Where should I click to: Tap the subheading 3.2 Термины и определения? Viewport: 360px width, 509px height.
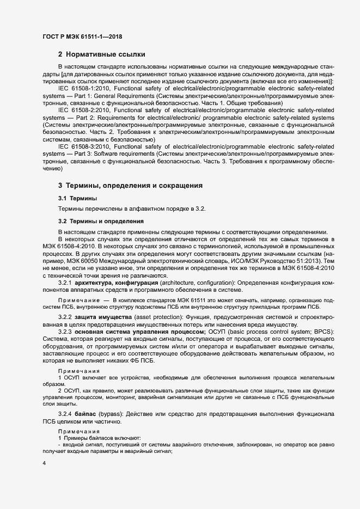(x=101, y=221)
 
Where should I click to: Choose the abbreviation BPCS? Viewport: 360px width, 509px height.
(x=324, y=332)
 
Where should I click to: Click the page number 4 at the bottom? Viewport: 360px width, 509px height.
(x=44, y=463)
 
